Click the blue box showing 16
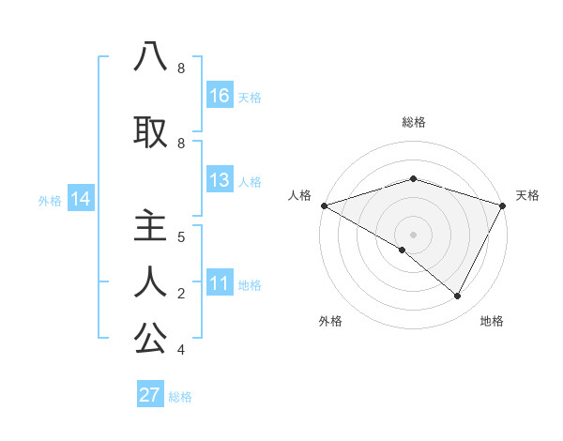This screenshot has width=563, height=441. [220, 96]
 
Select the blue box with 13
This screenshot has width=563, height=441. [220, 180]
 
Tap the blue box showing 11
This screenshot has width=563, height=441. [220, 283]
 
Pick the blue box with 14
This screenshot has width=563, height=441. [81, 199]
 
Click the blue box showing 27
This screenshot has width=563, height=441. [150, 395]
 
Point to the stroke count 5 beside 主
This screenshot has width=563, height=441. [181, 236]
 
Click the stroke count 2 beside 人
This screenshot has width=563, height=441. [181, 294]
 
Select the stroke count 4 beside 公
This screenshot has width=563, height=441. [181, 350]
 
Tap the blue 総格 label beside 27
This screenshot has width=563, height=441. [180, 397]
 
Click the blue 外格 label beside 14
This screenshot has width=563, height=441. [50, 200]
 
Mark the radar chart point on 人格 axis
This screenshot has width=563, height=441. [324, 205]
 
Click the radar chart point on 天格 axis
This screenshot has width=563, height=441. [503, 205]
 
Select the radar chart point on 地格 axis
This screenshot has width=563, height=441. [458, 297]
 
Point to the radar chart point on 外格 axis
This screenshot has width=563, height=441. [403, 250]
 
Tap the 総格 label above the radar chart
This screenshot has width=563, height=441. [413, 122]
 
